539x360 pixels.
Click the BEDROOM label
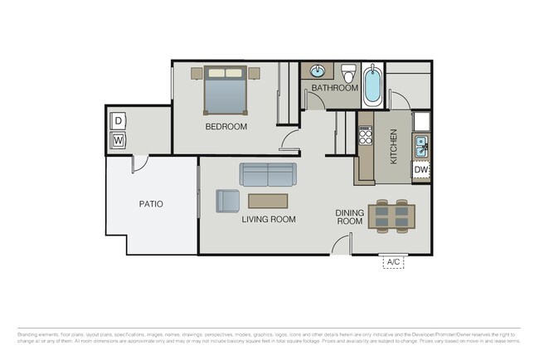click(x=226, y=127)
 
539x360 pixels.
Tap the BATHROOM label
click(x=334, y=88)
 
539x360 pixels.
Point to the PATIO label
click(x=151, y=203)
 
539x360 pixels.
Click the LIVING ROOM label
click(x=269, y=220)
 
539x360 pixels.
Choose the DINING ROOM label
click(x=349, y=217)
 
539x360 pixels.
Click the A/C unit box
click(x=392, y=262)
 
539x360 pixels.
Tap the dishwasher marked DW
click(x=420, y=170)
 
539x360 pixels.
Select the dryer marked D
click(x=118, y=121)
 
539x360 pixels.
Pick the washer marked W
click(x=118, y=140)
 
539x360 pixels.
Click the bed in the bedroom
click(x=225, y=91)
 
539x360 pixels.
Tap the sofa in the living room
click(x=268, y=174)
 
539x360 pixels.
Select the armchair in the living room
click(x=227, y=201)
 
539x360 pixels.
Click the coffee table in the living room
click(x=268, y=201)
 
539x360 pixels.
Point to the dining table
click(x=392, y=216)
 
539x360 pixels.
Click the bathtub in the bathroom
click(x=372, y=86)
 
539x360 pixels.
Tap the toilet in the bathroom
click(x=349, y=72)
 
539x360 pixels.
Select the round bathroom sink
click(x=318, y=71)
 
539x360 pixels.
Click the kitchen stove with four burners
click(x=365, y=136)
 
